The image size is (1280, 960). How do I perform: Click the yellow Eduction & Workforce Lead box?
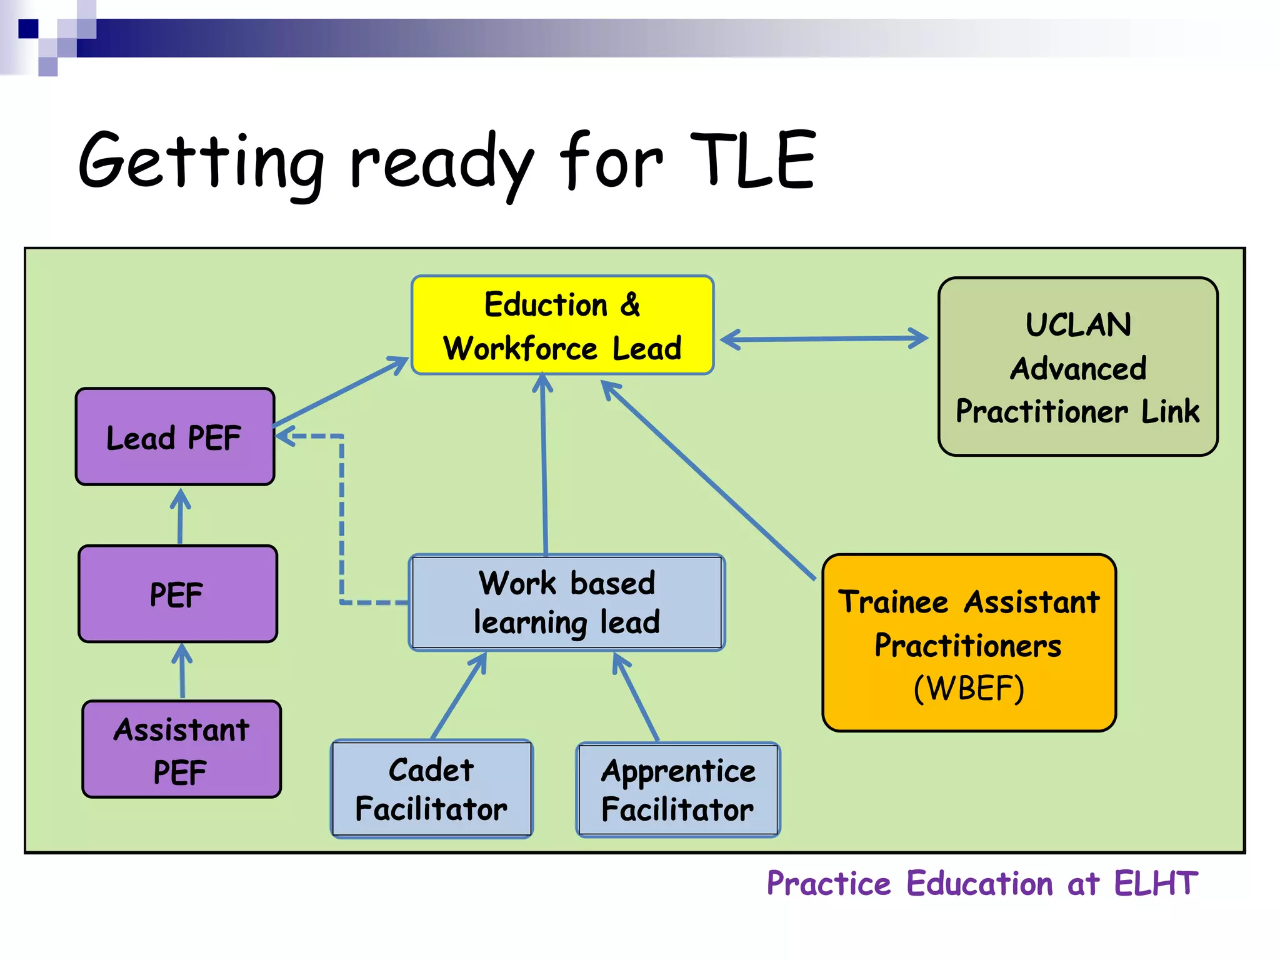tap(562, 325)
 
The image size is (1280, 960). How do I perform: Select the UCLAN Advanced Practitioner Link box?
tap(1077, 367)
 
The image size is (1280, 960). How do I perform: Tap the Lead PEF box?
tap(175, 437)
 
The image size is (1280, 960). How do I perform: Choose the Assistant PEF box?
tap(181, 749)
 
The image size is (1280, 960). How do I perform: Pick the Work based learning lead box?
tap(566, 602)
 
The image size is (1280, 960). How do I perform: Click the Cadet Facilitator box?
tap(431, 789)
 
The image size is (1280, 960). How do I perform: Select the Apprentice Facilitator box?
tap(678, 790)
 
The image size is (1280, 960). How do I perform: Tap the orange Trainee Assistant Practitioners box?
tap(969, 643)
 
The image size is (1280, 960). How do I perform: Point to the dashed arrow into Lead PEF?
tap(342, 519)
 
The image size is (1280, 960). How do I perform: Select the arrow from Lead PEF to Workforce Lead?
tap(341, 392)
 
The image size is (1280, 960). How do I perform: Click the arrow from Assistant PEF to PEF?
tap(182, 671)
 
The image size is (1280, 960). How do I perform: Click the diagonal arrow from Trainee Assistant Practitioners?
tap(709, 481)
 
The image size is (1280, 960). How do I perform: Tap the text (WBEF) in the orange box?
tap(969, 688)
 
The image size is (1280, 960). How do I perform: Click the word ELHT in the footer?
tap(1156, 884)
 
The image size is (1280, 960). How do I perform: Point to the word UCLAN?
tap(1078, 325)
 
